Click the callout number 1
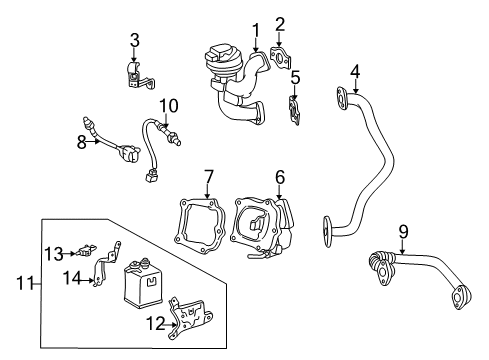(x=256, y=29)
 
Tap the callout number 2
(x=281, y=23)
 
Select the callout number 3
(x=133, y=39)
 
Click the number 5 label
(x=295, y=76)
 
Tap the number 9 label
(x=403, y=232)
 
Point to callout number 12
(x=153, y=322)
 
